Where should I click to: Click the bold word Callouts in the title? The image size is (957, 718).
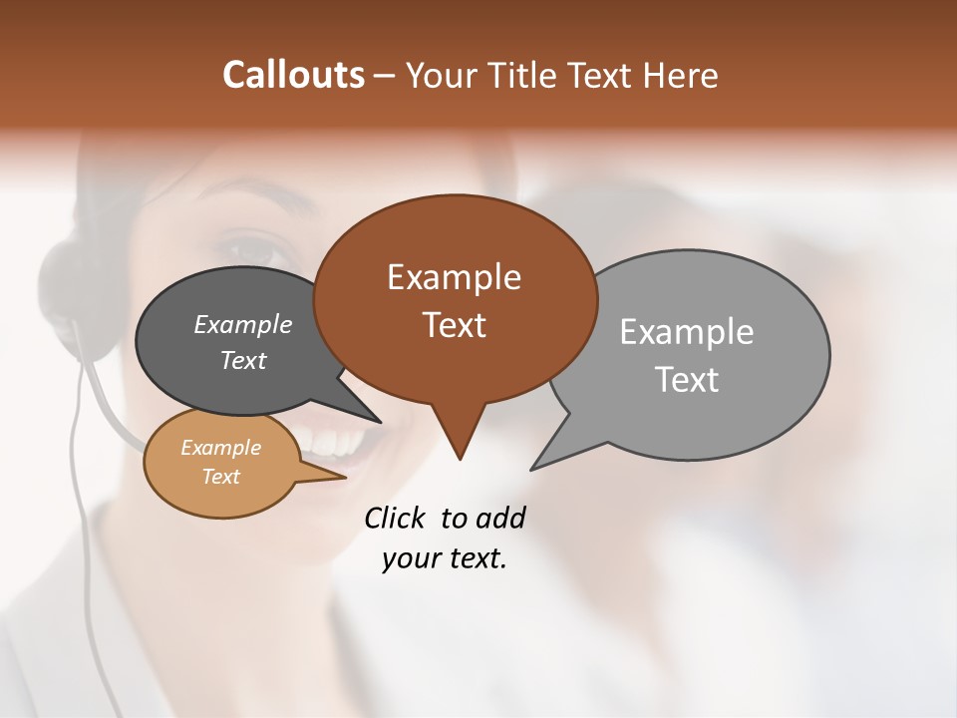coord(293,75)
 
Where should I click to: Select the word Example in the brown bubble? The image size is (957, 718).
coord(454,277)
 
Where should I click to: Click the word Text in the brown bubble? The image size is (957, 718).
coord(454,325)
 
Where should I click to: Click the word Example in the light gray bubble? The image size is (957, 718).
coord(686,332)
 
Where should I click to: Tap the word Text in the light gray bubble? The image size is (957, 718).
coord(686,380)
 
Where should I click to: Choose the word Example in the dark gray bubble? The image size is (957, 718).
coord(242,325)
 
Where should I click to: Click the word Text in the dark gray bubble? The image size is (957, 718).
coord(242,361)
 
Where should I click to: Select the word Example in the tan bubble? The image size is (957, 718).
coord(220,448)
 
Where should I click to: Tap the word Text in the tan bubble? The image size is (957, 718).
coord(220,477)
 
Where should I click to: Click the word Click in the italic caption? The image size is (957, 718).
coord(394,518)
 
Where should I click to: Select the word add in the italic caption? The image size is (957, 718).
coord(499,518)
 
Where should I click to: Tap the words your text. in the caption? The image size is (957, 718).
coord(445,558)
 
